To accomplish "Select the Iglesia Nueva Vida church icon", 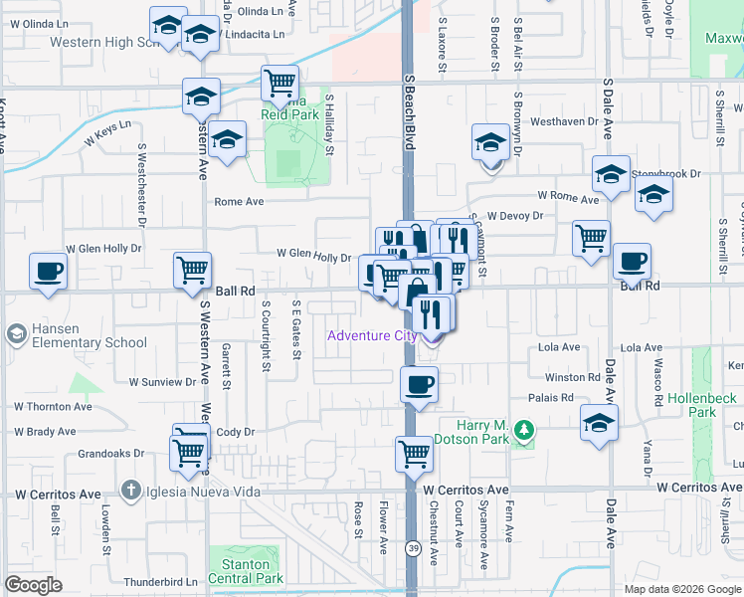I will [129, 490].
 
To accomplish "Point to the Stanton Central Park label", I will [245, 571].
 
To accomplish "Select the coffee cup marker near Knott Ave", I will [49, 272].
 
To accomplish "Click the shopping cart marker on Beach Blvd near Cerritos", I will [414, 454].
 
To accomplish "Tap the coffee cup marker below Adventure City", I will [419, 383].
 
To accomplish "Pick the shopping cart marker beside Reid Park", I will [279, 83].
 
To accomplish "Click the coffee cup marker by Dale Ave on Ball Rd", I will [632, 262].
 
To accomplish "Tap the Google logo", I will [34, 585].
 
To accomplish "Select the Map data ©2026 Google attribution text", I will [681, 588].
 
